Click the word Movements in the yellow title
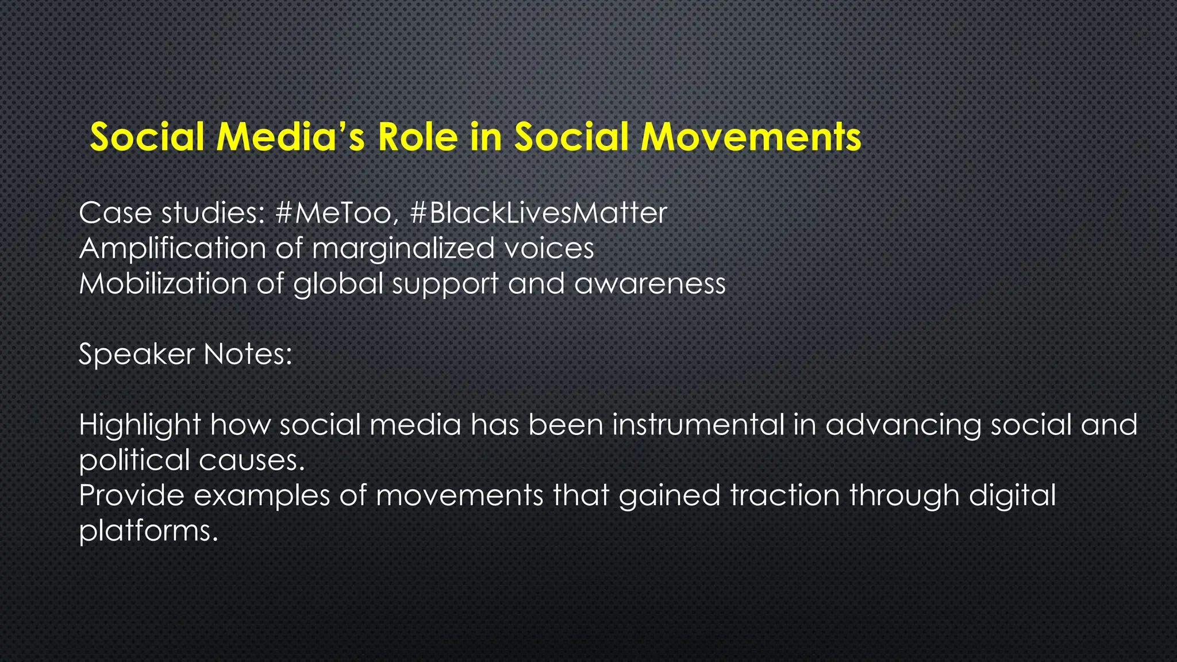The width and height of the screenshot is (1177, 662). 751,137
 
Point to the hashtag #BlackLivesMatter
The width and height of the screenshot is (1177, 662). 539,213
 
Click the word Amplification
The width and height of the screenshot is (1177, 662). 172,249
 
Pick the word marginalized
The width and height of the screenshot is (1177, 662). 403,249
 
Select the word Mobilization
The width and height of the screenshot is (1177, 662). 163,284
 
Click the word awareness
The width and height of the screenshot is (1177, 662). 650,284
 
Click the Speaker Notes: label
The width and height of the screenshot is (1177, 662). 185,354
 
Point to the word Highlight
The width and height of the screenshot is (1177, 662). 140,425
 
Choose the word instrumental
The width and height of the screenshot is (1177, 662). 698,425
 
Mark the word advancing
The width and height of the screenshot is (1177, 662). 903,425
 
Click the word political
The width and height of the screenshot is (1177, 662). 134,460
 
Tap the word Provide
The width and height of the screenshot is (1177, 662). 132,495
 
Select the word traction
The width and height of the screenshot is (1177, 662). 785,495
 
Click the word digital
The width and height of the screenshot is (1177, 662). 1012,495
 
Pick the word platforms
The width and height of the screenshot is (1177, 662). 148,531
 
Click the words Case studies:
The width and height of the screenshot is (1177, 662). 171,213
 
